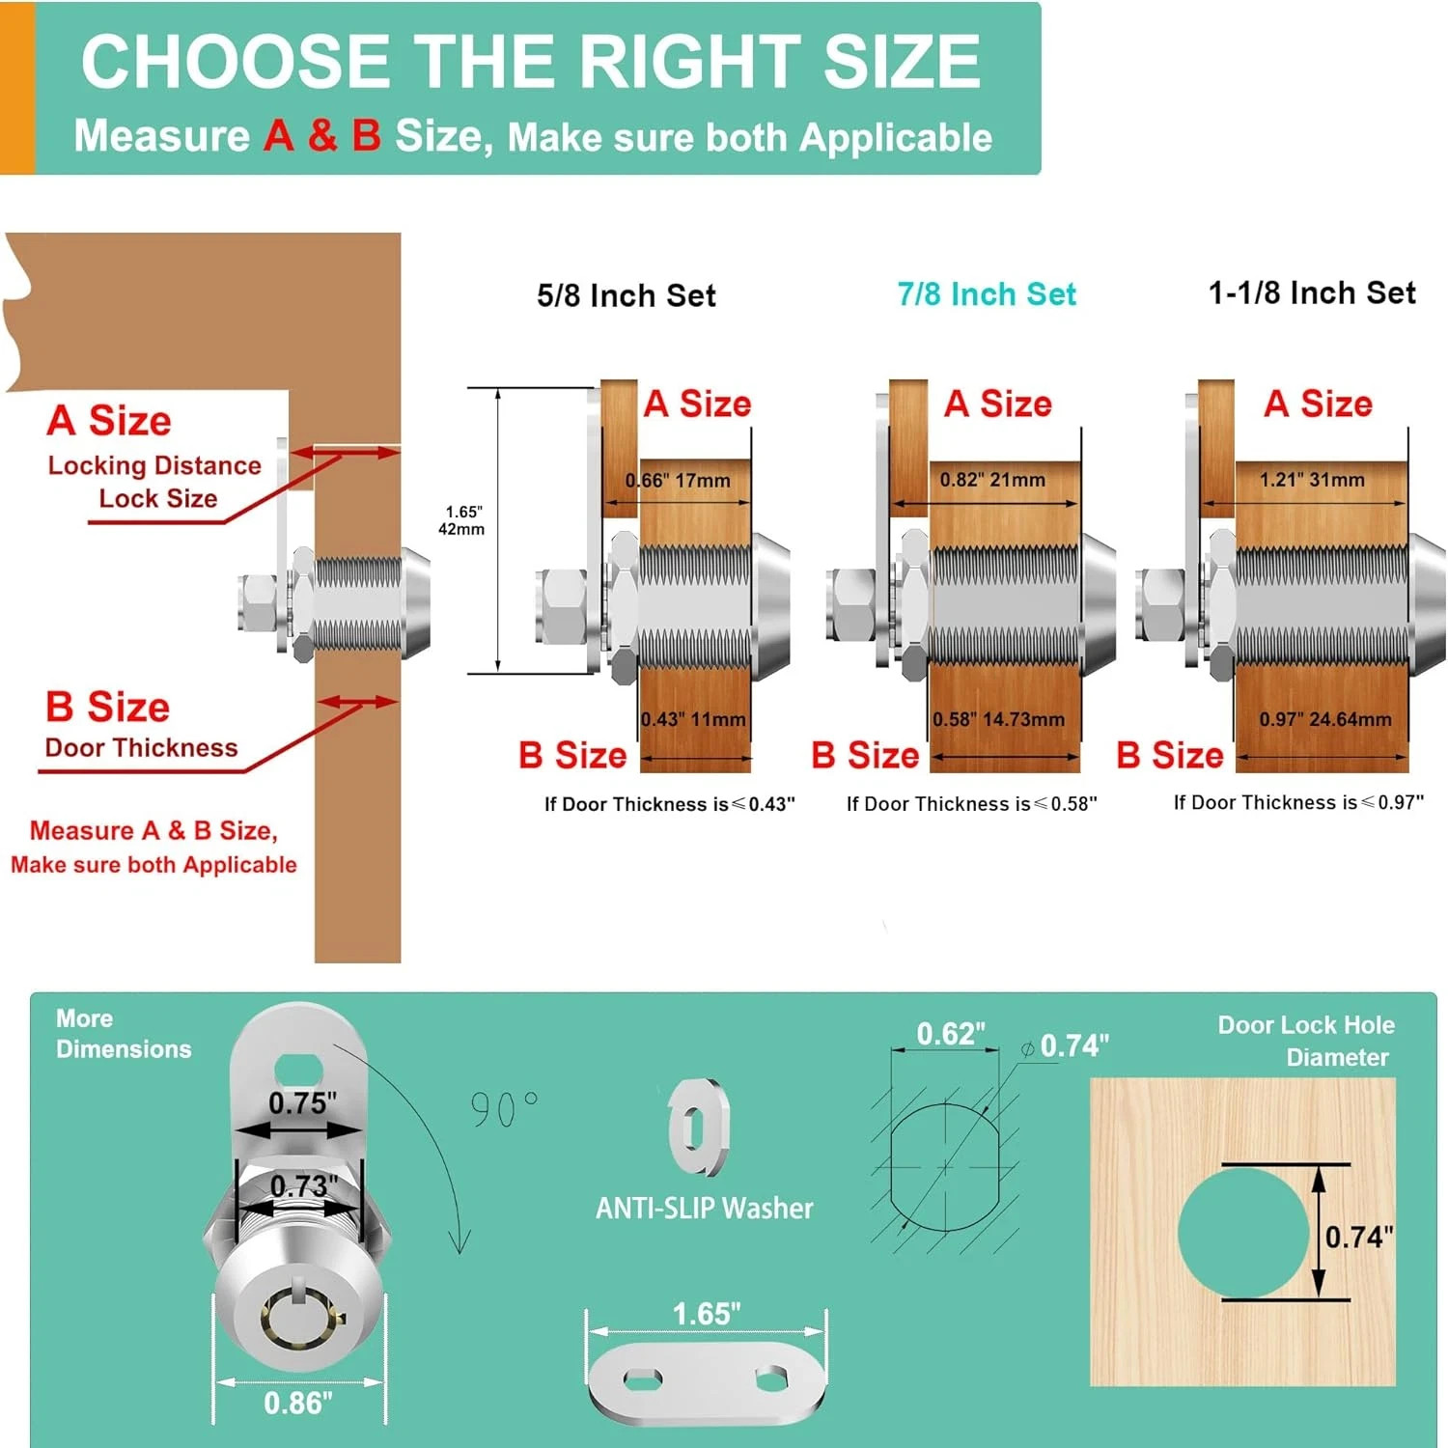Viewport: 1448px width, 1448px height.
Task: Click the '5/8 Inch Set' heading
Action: pyautogui.click(x=627, y=295)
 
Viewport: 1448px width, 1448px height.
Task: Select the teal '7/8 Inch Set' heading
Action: pyautogui.click(x=987, y=293)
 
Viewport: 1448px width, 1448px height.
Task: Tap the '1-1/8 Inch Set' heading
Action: pyautogui.click(x=1312, y=292)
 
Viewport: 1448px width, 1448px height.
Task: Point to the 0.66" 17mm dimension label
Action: pyautogui.click(x=678, y=480)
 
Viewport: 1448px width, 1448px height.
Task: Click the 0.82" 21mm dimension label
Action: pyautogui.click(x=992, y=479)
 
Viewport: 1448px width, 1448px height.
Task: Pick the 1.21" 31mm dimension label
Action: pyautogui.click(x=1312, y=479)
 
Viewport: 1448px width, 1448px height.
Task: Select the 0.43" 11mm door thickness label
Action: pyautogui.click(x=693, y=719)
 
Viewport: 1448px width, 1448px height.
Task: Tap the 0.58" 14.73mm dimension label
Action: pyautogui.click(x=998, y=719)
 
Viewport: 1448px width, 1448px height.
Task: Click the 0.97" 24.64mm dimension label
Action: pyautogui.click(x=1325, y=719)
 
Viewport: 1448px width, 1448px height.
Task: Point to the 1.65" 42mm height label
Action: pyautogui.click(x=462, y=520)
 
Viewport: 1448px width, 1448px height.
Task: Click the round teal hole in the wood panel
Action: pyautogui.click(x=1244, y=1231)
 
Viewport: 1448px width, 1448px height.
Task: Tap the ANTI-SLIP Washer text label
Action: pyautogui.click(x=705, y=1208)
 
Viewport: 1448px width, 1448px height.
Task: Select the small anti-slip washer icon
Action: pyautogui.click(x=699, y=1127)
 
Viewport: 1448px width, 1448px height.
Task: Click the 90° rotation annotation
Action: pyautogui.click(x=504, y=1108)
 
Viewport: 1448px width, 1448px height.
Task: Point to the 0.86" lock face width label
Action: pyautogui.click(x=298, y=1403)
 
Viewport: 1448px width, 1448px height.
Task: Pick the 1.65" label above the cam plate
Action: pyautogui.click(x=707, y=1314)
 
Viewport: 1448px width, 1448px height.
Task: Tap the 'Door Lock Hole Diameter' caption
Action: pyautogui.click(x=1306, y=1041)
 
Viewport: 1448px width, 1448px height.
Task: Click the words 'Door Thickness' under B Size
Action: pyautogui.click(x=141, y=748)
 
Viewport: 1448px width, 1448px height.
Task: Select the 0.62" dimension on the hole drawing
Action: pyautogui.click(x=951, y=1034)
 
